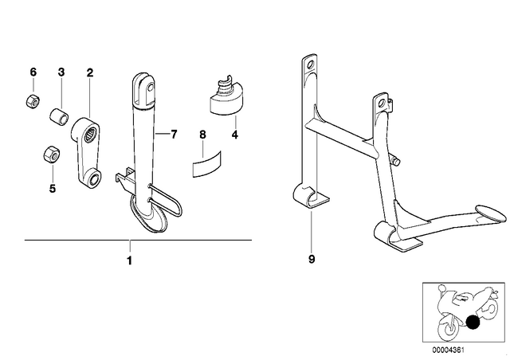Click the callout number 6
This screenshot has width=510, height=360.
coord(33,72)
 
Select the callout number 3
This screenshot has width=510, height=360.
coord(61,72)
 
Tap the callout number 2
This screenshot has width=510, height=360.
coord(90,72)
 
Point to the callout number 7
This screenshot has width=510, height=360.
coord(174,134)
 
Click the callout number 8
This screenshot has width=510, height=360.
coord(202,134)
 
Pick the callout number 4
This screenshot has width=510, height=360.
coord(235,135)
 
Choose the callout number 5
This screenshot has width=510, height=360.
coord(53,188)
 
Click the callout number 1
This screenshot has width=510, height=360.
coord(129,260)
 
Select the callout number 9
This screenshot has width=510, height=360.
coord(312,259)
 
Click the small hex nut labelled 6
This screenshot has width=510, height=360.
coord(33,100)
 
